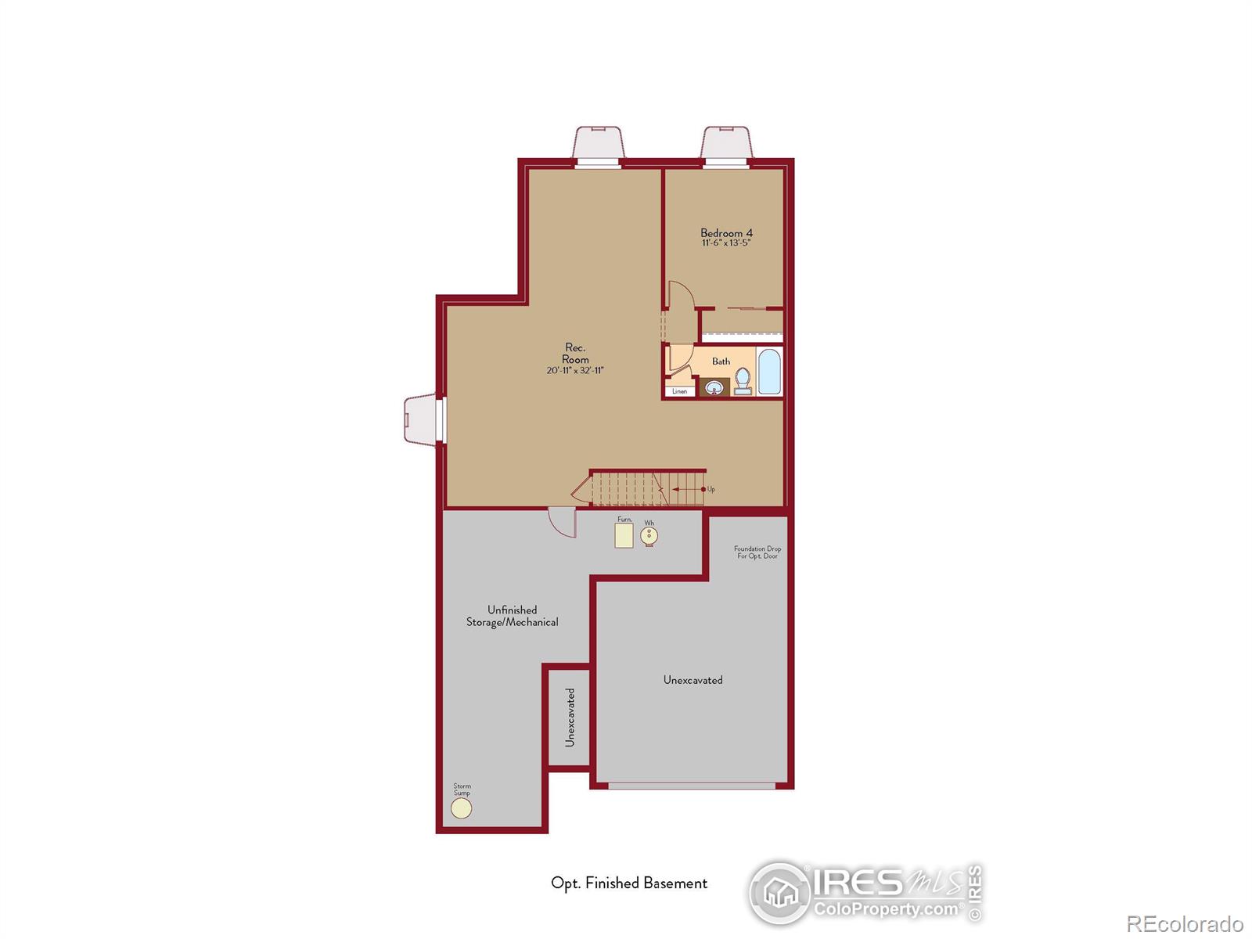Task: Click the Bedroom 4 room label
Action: point(726,233)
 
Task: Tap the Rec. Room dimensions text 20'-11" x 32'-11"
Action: point(575,371)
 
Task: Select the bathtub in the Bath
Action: point(769,372)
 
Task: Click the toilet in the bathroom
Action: point(743,382)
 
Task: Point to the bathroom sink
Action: point(714,387)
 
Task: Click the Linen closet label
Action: point(679,391)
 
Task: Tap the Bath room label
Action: point(721,362)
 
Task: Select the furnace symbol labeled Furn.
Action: point(624,535)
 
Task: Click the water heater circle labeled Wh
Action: point(649,536)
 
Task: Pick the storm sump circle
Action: point(462,808)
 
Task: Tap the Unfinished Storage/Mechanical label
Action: point(513,616)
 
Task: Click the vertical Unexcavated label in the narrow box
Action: point(570,717)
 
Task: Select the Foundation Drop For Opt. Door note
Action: point(757,552)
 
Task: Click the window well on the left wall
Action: point(421,419)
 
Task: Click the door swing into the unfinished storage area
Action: point(563,523)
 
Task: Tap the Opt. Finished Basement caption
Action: point(629,883)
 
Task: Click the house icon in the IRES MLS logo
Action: point(780,892)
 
